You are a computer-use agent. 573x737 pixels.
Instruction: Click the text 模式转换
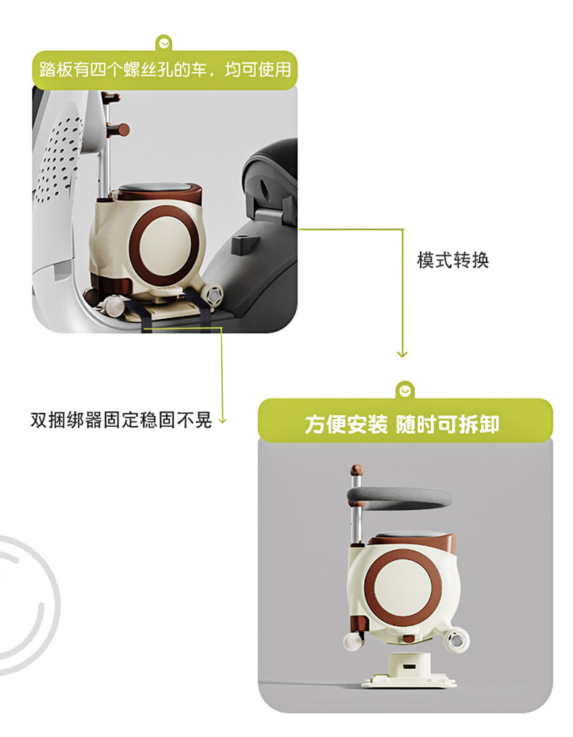[453, 260]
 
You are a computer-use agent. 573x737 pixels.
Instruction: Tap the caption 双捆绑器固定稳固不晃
[121, 420]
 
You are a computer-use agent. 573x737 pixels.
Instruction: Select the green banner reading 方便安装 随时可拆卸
[405, 420]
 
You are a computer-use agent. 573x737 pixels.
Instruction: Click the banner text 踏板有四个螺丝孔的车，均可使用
[165, 70]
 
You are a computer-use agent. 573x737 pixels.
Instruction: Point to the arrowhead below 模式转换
[402, 354]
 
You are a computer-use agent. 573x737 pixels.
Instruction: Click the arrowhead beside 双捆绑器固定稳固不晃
[223, 420]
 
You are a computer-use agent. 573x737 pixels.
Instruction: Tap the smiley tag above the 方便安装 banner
[405, 390]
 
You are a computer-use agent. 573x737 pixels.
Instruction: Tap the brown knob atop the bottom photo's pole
[357, 470]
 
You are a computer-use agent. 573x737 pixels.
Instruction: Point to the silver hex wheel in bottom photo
[456, 640]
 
